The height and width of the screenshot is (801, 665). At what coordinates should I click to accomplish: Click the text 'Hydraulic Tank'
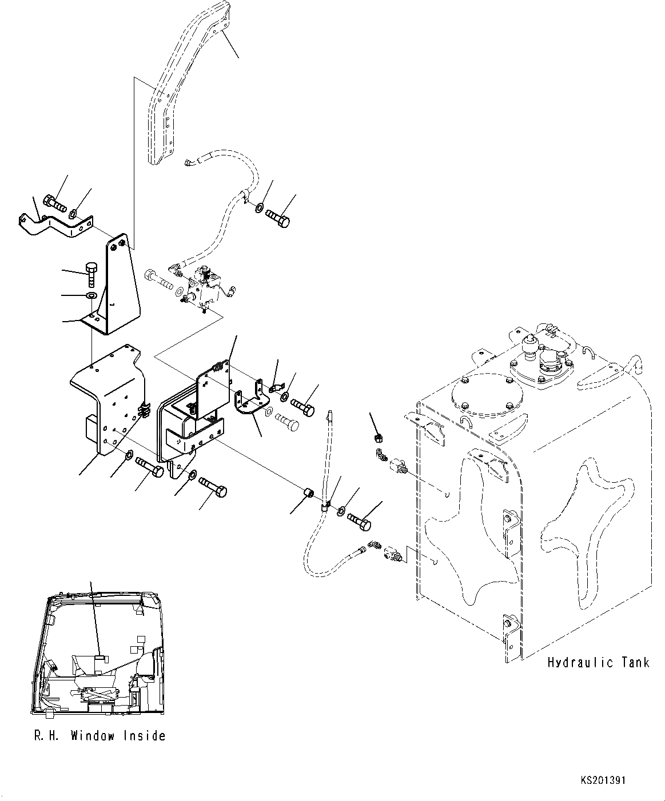coord(598,663)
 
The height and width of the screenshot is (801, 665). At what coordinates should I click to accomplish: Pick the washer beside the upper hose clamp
coord(260,207)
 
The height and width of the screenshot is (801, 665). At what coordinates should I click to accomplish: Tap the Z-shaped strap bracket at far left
coord(55,224)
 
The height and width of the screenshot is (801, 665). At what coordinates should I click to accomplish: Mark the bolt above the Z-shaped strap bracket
coord(54,202)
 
